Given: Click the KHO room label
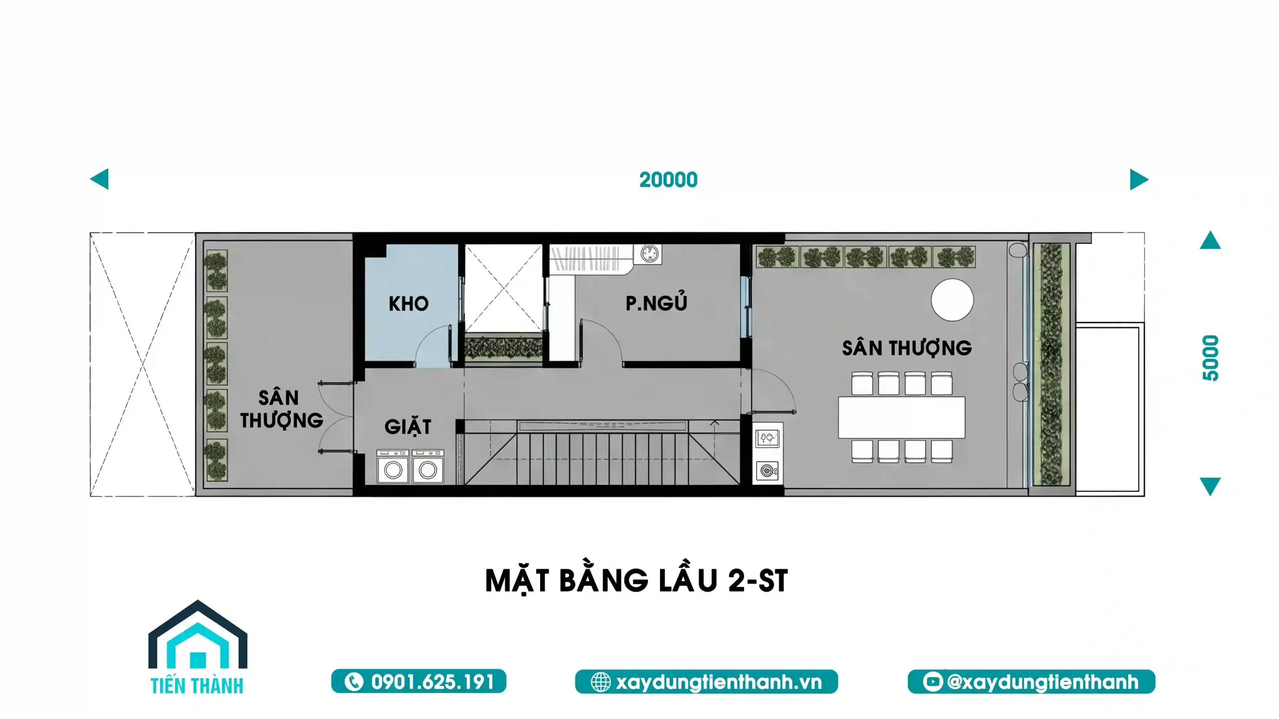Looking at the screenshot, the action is click(408, 304).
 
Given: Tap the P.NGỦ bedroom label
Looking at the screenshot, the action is click(656, 302).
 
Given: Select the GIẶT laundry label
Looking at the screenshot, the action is click(408, 427).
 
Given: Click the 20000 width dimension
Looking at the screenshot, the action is click(668, 180).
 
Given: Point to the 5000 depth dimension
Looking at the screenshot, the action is click(1210, 358).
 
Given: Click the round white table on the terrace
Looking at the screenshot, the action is click(952, 300).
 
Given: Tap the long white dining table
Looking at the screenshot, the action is click(901, 417).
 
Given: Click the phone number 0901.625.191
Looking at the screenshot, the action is click(432, 682).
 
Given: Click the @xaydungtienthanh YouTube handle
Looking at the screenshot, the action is click(1042, 682).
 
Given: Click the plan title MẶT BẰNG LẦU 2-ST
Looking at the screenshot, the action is click(637, 580).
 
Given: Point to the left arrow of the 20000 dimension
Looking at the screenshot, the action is click(99, 179).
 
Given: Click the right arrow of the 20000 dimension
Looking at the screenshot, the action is click(1139, 179).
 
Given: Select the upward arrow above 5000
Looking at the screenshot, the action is click(1210, 240).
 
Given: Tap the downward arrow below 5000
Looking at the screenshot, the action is click(1210, 486).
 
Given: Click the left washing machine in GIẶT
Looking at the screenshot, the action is click(393, 467).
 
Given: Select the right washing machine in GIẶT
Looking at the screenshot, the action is click(428, 467).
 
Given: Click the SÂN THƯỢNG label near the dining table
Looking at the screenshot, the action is click(907, 348).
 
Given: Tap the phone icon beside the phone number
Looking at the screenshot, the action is click(354, 682).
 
